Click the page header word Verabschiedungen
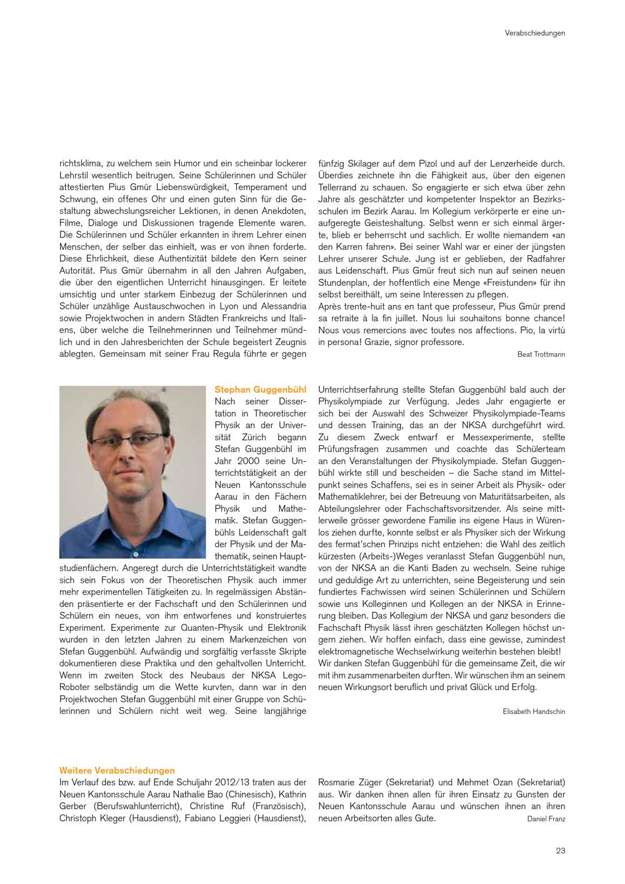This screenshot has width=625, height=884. click(534, 33)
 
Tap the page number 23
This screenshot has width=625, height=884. click(560, 850)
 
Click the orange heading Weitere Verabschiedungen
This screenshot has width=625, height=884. click(117, 771)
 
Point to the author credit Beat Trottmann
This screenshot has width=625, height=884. click(541, 354)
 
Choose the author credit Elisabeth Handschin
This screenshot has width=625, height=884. click(534, 711)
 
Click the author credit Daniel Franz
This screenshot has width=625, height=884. click(546, 819)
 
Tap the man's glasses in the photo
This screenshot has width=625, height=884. click(129, 441)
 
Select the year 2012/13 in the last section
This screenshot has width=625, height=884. click(241, 782)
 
